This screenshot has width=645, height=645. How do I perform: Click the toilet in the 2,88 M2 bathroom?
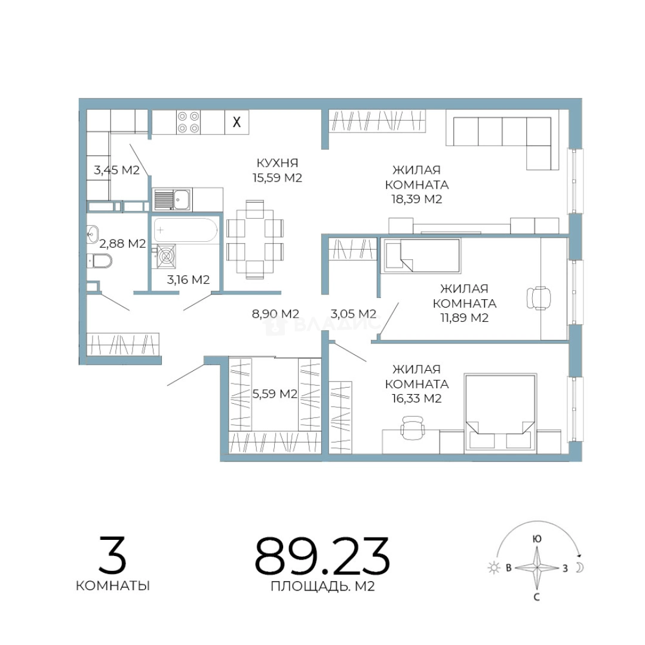click(100, 260)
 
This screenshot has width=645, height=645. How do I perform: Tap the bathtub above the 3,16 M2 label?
click(186, 230)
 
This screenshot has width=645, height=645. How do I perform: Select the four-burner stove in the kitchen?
click(188, 122)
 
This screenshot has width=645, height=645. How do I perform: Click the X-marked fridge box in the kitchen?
click(236, 122)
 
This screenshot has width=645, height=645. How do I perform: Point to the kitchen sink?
click(172, 199)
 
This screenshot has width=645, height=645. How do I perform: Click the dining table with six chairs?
click(255, 239)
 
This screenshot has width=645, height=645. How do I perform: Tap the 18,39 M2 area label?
click(416, 199)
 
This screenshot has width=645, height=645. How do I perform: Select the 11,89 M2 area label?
click(464, 318)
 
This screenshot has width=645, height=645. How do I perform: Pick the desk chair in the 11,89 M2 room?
click(539, 298)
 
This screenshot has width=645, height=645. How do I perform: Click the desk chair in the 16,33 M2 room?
click(412, 428)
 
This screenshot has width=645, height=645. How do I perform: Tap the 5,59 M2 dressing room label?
click(274, 394)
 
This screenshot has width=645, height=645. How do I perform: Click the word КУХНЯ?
click(277, 163)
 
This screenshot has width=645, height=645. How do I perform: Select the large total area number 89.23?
click(322, 556)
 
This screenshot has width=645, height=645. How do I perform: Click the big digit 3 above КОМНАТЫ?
click(112, 555)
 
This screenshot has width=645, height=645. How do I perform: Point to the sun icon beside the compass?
click(493, 568)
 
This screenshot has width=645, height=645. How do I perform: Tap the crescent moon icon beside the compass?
click(579, 568)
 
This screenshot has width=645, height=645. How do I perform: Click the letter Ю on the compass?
click(536, 539)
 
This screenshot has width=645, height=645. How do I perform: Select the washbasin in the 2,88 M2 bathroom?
click(92, 234)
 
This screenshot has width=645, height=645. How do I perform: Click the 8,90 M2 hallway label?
click(275, 314)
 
